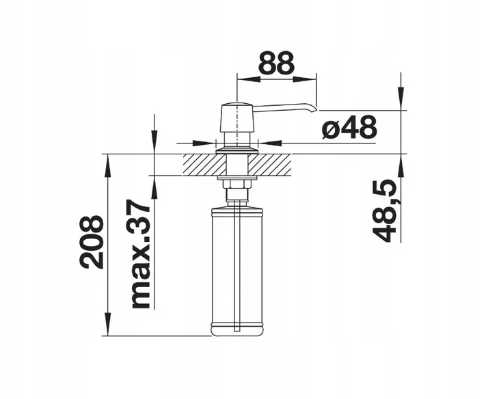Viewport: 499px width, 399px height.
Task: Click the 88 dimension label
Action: coord(276,63)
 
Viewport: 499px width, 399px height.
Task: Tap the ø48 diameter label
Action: coord(349,128)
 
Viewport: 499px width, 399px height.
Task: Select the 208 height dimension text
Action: coord(92,243)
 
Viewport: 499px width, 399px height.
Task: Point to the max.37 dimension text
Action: coord(141,255)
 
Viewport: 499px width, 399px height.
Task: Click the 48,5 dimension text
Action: coord(384,211)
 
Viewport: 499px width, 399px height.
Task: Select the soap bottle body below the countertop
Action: coord(237,271)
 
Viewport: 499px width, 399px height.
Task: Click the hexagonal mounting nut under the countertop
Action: coord(237,184)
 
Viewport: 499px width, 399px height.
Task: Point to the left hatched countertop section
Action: coord(203,165)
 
